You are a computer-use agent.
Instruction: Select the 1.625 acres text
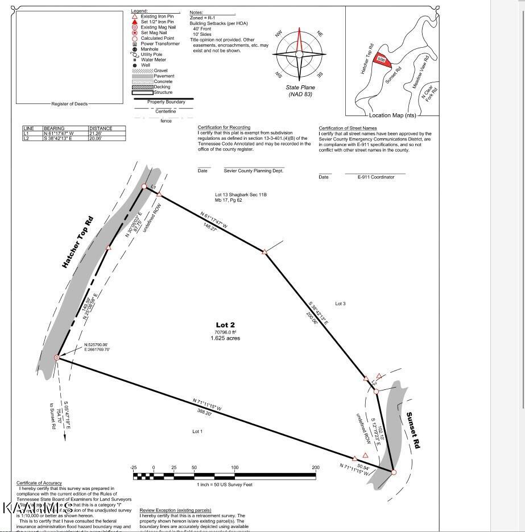(225, 338)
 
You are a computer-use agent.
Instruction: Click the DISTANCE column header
(101, 128)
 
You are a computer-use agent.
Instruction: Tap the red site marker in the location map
(383, 60)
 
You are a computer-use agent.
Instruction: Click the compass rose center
(300, 55)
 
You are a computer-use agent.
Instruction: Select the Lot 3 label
(340, 304)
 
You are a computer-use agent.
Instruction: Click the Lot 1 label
(197, 432)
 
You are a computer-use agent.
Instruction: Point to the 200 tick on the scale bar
(316, 467)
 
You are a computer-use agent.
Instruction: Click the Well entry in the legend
(146, 65)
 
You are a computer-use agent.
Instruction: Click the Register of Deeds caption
(69, 104)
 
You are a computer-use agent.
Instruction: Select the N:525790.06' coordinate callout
(96, 344)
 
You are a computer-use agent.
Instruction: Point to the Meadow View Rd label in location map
(420, 74)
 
